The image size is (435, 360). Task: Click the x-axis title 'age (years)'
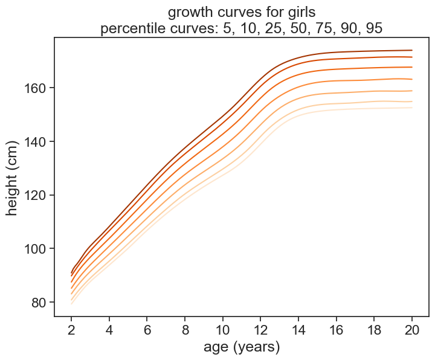pyautogui.click(x=242, y=347)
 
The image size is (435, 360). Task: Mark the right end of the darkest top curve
pyautogui.click(x=412, y=50)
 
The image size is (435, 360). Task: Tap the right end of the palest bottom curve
pyautogui.click(x=412, y=108)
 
